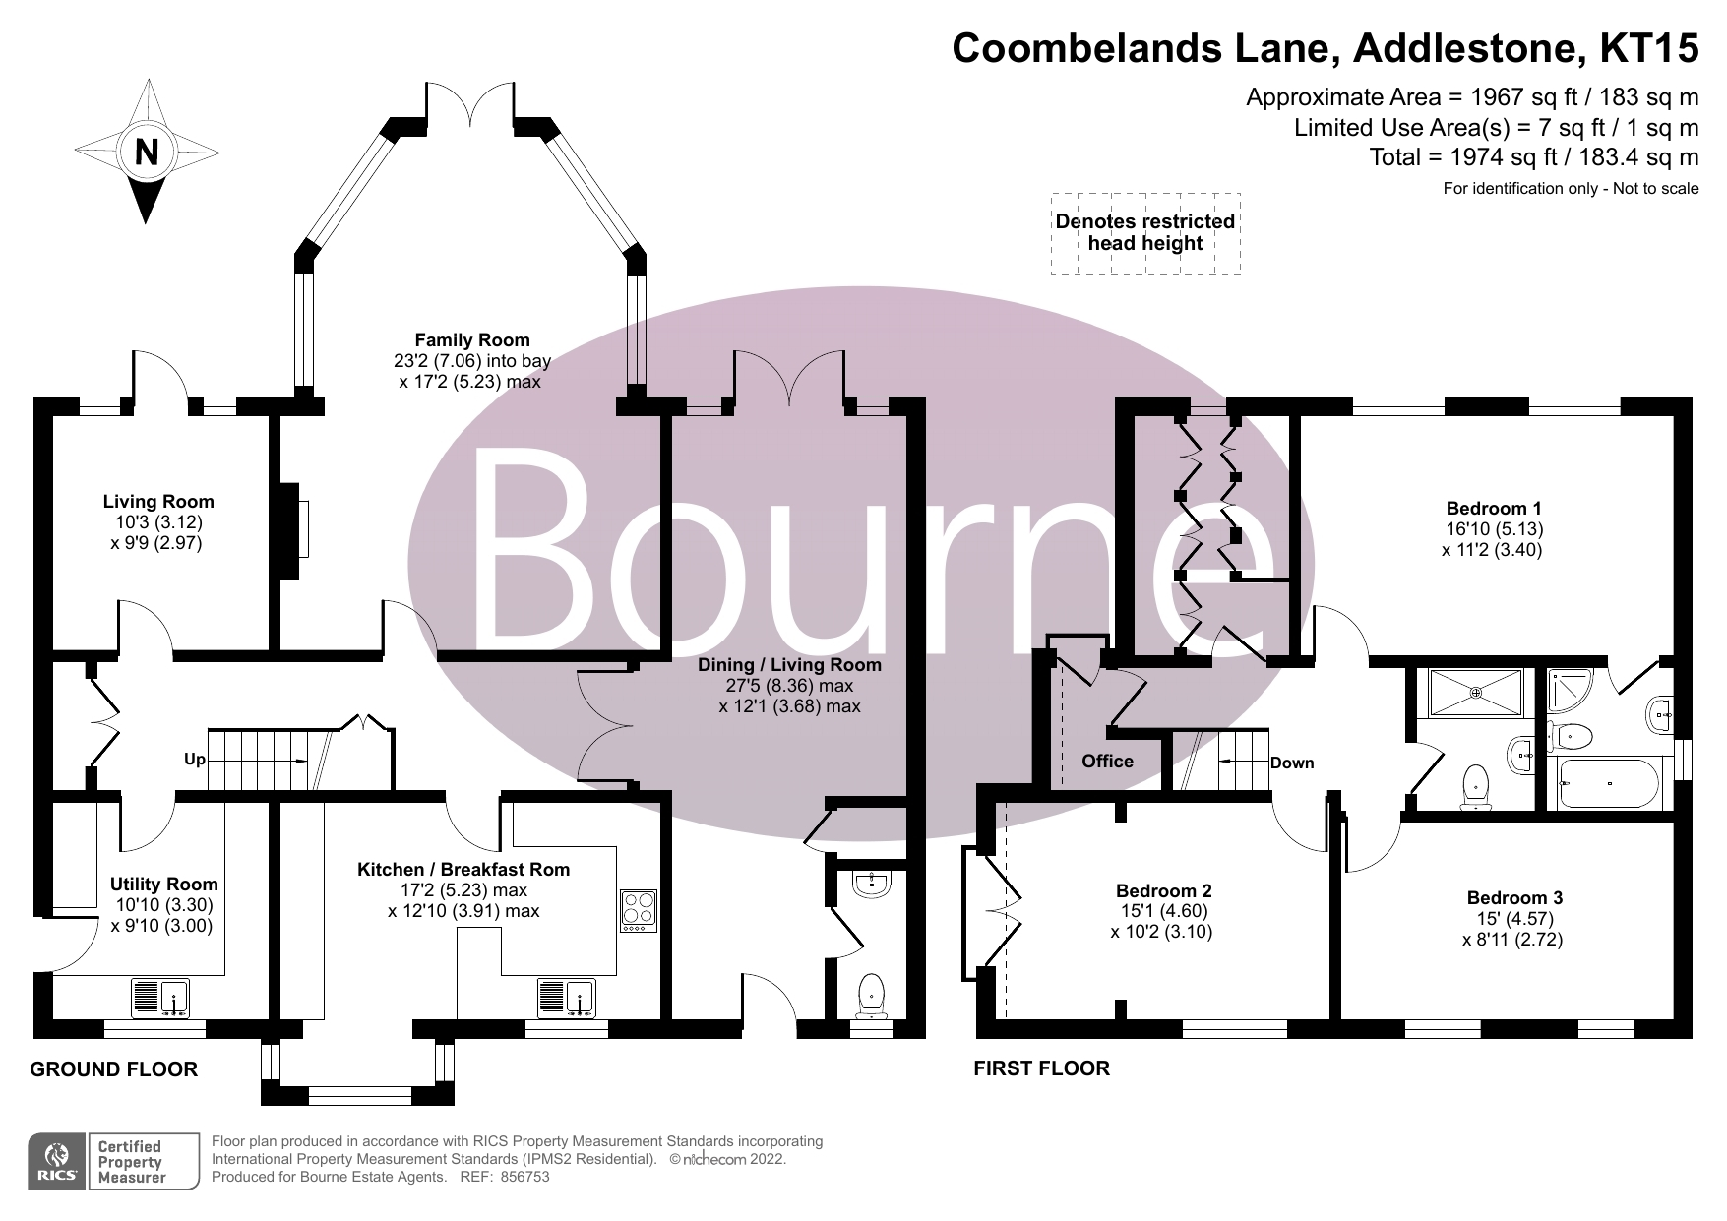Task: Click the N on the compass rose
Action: click(147, 152)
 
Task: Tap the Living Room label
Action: click(158, 502)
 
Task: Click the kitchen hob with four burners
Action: click(638, 911)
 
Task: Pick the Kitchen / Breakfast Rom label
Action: click(463, 870)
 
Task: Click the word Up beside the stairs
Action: click(195, 760)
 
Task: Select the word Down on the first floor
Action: click(1292, 763)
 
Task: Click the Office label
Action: click(1107, 761)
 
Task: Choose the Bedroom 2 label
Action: click(1164, 891)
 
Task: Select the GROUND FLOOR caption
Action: click(114, 1069)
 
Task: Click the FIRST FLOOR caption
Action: click(1041, 1068)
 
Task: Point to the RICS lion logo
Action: click(58, 1161)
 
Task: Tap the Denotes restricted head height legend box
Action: click(1145, 233)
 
